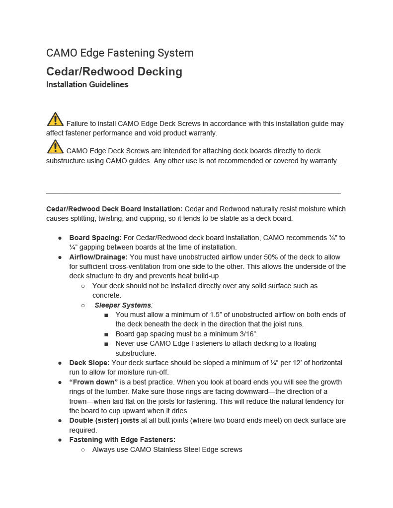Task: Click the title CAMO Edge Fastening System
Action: coord(120,53)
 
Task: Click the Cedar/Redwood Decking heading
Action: coord(114,71)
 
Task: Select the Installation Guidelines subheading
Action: coord(87,85)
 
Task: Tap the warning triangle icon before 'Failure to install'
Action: coord(55,120)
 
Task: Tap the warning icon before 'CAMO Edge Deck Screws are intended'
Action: coord(55,147)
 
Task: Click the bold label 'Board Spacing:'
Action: coord(95,238)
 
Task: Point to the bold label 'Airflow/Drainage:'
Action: coord(98,257)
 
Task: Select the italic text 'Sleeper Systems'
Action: coord(123,305)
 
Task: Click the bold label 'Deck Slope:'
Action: coord(89,363)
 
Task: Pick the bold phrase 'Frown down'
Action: coord(93,382)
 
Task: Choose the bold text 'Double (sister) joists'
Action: coord(104,420)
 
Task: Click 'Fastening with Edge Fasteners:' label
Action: coord(122,440)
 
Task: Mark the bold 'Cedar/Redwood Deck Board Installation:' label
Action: coord(114,209)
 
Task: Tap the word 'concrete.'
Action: coord(106,296)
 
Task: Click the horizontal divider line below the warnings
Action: coord(193,192)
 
